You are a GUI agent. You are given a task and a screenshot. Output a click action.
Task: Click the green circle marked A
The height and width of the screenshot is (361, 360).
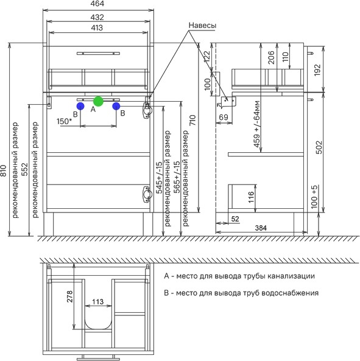click(98, 101)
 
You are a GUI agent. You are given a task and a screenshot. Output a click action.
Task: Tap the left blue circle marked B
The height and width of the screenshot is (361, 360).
click(80, 106)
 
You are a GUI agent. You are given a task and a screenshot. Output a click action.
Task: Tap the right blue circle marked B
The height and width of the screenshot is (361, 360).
click(116, 106)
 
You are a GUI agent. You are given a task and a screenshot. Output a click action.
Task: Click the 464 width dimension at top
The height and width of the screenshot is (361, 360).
click(97, 4)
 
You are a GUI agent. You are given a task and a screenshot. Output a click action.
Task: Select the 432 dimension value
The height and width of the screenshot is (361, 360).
click(97, 17)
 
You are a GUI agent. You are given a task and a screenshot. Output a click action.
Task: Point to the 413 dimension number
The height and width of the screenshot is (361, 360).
click(97, 27)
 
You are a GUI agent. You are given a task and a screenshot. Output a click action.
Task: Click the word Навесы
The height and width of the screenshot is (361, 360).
click(202, 26)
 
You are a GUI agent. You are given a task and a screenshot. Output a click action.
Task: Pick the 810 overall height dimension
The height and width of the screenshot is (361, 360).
click(4, 170)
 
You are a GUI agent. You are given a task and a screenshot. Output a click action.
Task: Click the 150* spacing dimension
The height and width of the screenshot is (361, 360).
click(64, 121)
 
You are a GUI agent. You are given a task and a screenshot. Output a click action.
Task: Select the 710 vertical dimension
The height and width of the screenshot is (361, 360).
click(192, 120)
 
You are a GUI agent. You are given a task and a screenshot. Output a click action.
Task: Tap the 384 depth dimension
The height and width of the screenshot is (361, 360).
click(261, 228)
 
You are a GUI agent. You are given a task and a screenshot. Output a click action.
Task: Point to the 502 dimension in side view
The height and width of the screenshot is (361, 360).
click(319, 147)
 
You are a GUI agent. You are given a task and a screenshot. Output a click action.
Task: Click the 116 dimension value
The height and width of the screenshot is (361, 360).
click(251, 197)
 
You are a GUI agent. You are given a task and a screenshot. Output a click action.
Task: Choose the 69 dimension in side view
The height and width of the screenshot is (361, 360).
click(223, 117)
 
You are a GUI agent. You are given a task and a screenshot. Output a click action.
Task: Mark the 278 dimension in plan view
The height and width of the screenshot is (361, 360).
click(69, 296)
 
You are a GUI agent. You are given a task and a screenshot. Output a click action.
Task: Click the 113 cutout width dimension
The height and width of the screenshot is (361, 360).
click(98, 301)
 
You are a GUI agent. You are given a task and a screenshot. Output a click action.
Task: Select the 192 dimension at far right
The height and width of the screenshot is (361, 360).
click(317, 69)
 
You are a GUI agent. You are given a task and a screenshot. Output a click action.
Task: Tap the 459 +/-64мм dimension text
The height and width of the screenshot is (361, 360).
click(256, 124)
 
